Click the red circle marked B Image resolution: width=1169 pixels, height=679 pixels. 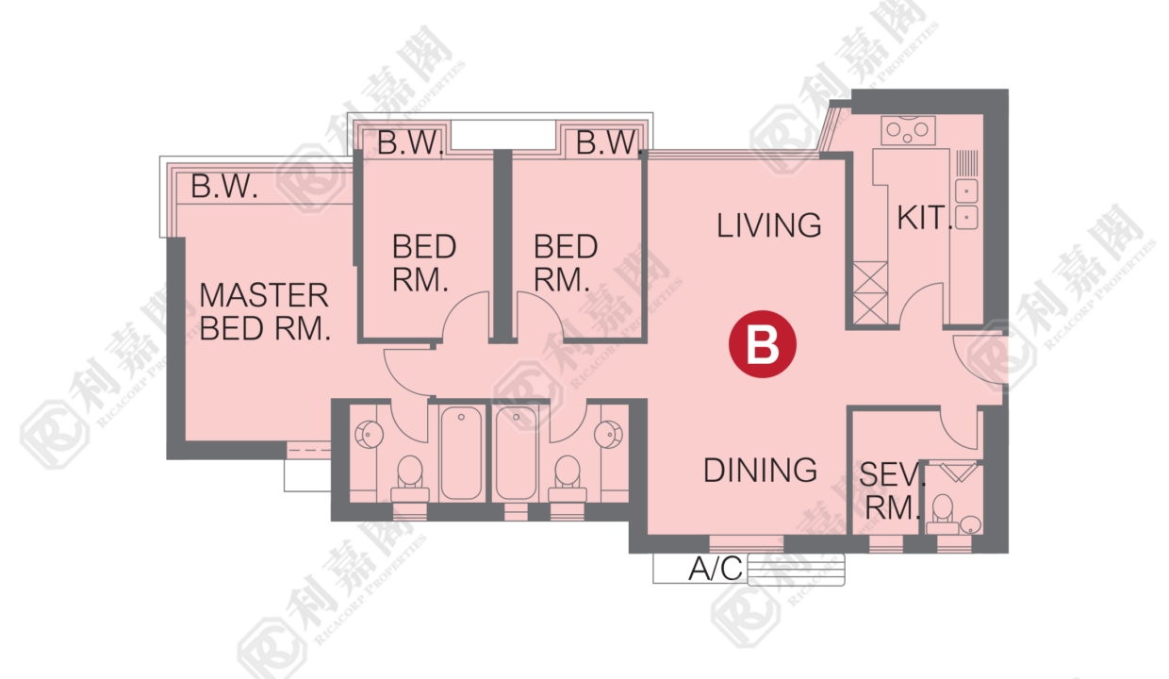tap(763, 344)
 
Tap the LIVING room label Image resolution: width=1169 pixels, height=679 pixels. tap(768, 225)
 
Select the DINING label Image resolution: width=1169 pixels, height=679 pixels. tap(761, 471)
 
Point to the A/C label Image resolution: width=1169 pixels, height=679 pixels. tap(716, 569)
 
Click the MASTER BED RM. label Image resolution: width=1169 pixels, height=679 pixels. tap(265, 312)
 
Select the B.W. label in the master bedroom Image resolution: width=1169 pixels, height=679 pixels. tap(224, 187)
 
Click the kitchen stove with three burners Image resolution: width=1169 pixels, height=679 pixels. tap(908, 130)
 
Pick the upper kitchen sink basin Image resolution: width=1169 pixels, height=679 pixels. tap(966, 191)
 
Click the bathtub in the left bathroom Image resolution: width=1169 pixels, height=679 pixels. tap(461, 453)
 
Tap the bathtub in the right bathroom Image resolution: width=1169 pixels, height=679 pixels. tap(516, 453)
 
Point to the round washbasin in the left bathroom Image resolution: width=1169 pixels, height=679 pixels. tap(369, 434)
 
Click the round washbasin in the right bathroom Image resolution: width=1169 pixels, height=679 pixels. tap(608, 434)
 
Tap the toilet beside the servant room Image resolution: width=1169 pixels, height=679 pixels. tap(943, 514)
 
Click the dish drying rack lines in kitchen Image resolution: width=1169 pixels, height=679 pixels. tap(966, 163)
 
